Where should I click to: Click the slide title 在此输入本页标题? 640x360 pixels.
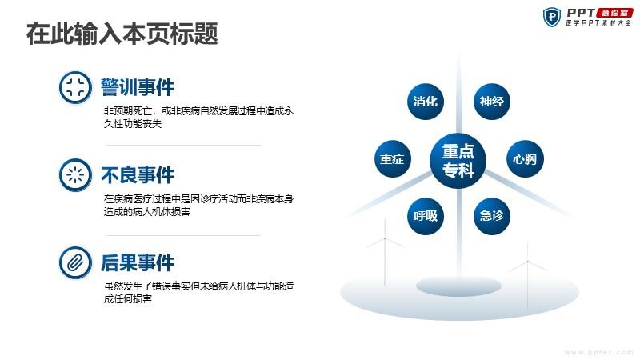point(122,34)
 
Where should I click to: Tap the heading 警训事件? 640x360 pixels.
point(138,87)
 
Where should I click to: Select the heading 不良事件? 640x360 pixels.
point(138,175)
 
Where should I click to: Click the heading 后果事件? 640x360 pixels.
point(138,262)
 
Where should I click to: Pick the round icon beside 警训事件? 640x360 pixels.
point(75,87)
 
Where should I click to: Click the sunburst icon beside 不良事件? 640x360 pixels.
point(75,175)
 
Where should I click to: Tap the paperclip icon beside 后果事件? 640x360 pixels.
point(75,262)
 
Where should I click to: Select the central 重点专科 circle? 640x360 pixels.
point(458,161)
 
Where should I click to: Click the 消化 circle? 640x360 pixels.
point(426,102)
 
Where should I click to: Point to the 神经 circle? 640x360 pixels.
point(492,102)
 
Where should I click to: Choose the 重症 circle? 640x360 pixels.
point(393,158)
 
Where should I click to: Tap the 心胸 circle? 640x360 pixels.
point(525,158)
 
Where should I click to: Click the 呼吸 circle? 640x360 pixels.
point(426,216)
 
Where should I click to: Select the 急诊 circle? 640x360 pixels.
point(492,216)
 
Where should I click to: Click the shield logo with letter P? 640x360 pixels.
point(552,17)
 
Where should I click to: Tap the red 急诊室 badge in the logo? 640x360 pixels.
point(614,13)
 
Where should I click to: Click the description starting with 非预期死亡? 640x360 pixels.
point(198,117)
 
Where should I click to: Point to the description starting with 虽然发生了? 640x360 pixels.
point(198,292)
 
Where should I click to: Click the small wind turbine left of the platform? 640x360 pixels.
point(385,251)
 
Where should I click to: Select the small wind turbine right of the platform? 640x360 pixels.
point(527,274)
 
